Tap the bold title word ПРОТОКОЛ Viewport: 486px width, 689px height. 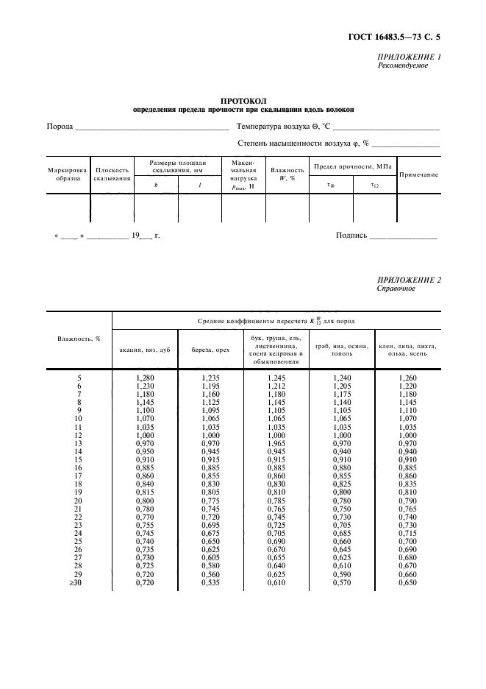(243, 100)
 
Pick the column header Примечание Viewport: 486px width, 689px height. (418, 174)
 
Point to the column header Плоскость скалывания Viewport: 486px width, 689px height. (112, 174)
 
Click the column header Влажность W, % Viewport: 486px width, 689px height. (287, 174)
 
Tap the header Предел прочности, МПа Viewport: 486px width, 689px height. (352, 166)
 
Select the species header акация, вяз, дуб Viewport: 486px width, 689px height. (144, 350)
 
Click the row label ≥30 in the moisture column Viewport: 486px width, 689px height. (79, 583)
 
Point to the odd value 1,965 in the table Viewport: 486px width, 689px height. (276, 444)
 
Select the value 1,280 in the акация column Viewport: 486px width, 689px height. (145, 378)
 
